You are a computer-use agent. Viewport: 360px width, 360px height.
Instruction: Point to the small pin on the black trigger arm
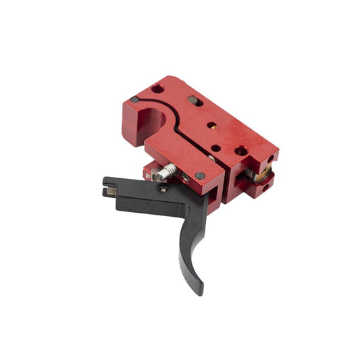(x=163, y=190)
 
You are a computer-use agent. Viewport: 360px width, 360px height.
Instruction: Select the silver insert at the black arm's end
(x=108, y=192)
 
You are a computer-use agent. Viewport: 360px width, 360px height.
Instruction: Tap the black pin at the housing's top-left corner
(x=135, y=100)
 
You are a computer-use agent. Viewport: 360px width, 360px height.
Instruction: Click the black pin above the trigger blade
(x=199, y=176)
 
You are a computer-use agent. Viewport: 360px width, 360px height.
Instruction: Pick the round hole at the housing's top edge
(x=157, y=88)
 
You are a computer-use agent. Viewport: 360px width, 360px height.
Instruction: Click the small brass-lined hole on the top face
(x=211, y=126)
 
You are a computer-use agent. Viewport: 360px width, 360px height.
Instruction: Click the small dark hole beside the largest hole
(x=215, y=148)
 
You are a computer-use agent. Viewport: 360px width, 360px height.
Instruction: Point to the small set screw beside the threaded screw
(x=184, y=175)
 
